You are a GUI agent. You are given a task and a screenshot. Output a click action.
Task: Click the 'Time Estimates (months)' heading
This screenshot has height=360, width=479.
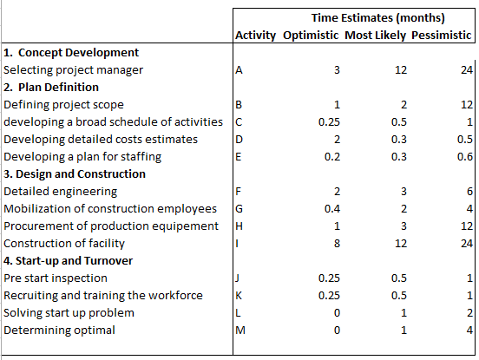click(x=377, y=18)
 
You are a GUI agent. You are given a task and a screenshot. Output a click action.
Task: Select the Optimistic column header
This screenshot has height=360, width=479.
click(x=311, y=36)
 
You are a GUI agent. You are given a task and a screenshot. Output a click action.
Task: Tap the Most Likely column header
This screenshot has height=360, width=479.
click(x=375, y=36)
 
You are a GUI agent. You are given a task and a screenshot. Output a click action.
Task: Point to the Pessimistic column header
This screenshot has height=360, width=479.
click(x=442, y=36)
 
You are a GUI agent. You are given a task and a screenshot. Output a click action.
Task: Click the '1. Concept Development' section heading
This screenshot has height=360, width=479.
click(x=71, y=53)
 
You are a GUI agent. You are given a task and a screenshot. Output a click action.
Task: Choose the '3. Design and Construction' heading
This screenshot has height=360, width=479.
click(x=75, y=174)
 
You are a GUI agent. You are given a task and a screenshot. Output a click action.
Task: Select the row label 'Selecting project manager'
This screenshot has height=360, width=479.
click(x=73, y=70)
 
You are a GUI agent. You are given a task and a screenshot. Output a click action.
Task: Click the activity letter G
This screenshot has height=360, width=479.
click(x=239, y=209)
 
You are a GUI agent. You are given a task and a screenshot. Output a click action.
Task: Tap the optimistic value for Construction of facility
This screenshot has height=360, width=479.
click(x=337, y=244)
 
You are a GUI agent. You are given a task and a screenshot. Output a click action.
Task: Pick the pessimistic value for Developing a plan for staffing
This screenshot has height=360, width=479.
click(x=465, y=157)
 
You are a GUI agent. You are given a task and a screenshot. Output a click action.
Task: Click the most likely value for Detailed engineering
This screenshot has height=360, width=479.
click(x=404, y=192)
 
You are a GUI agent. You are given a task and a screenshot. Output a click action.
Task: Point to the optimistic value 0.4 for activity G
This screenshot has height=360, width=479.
click(x=332, y=209)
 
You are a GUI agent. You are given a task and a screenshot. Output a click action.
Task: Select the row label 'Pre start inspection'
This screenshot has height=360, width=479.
click(x=56, y=278)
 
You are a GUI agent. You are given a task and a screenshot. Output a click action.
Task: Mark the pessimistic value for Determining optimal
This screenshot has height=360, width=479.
click(x=469, y=331)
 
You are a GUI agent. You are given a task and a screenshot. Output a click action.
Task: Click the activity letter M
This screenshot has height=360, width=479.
click(x=240, y=331)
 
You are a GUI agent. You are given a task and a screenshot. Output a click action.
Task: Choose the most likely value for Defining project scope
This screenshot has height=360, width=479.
click(x=404, y=105)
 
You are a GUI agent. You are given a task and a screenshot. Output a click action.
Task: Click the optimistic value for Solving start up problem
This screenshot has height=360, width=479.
click(x=337, y=313)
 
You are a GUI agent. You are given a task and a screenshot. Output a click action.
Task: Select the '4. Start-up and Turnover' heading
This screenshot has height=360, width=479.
click(x=69, y=261)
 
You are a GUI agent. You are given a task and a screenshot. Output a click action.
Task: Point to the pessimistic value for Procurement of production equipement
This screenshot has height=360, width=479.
click(x=467, y=226)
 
